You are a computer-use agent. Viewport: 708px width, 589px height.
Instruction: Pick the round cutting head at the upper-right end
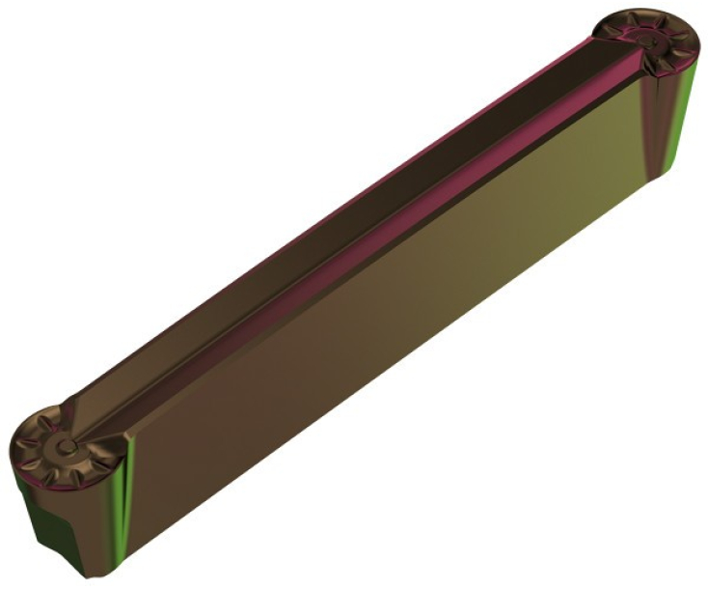point(647,43)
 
